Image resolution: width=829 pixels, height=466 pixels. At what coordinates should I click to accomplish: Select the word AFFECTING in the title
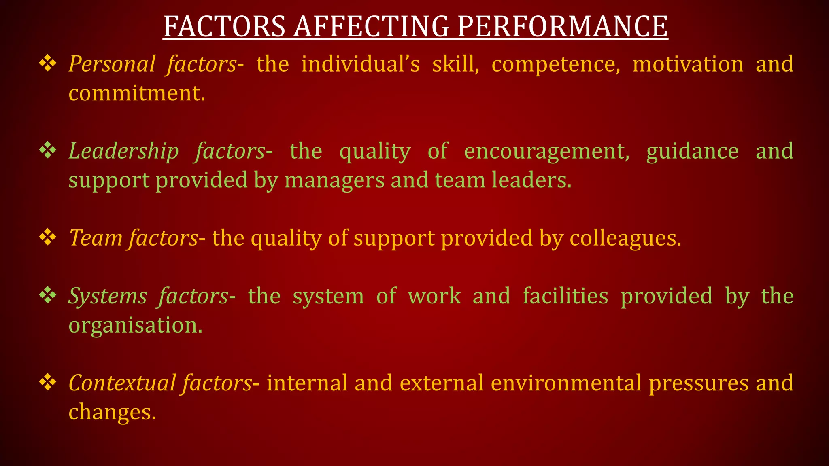coord(371,27)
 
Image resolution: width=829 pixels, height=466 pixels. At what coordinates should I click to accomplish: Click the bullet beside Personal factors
coord(48,64)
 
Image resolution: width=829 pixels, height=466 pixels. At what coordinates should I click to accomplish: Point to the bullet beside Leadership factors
coord(48,150)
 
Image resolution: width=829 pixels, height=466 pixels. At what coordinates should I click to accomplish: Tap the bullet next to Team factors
coord(48,237)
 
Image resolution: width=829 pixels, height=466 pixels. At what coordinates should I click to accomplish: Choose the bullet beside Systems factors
coord(48,295)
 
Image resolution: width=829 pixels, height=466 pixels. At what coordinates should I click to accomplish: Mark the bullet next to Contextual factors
coord(48,382)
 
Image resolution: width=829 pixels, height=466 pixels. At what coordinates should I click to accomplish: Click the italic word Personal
coord(112,64)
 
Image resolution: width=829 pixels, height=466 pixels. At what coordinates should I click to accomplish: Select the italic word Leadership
coord(123,151)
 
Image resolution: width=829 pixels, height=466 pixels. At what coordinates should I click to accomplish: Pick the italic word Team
coord(96,237)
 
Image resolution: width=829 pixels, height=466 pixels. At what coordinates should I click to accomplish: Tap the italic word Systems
coord(108,296)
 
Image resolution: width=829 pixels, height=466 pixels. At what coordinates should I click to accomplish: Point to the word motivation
coord(688,64)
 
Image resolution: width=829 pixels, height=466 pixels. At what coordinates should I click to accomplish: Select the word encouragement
coord(546,151)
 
